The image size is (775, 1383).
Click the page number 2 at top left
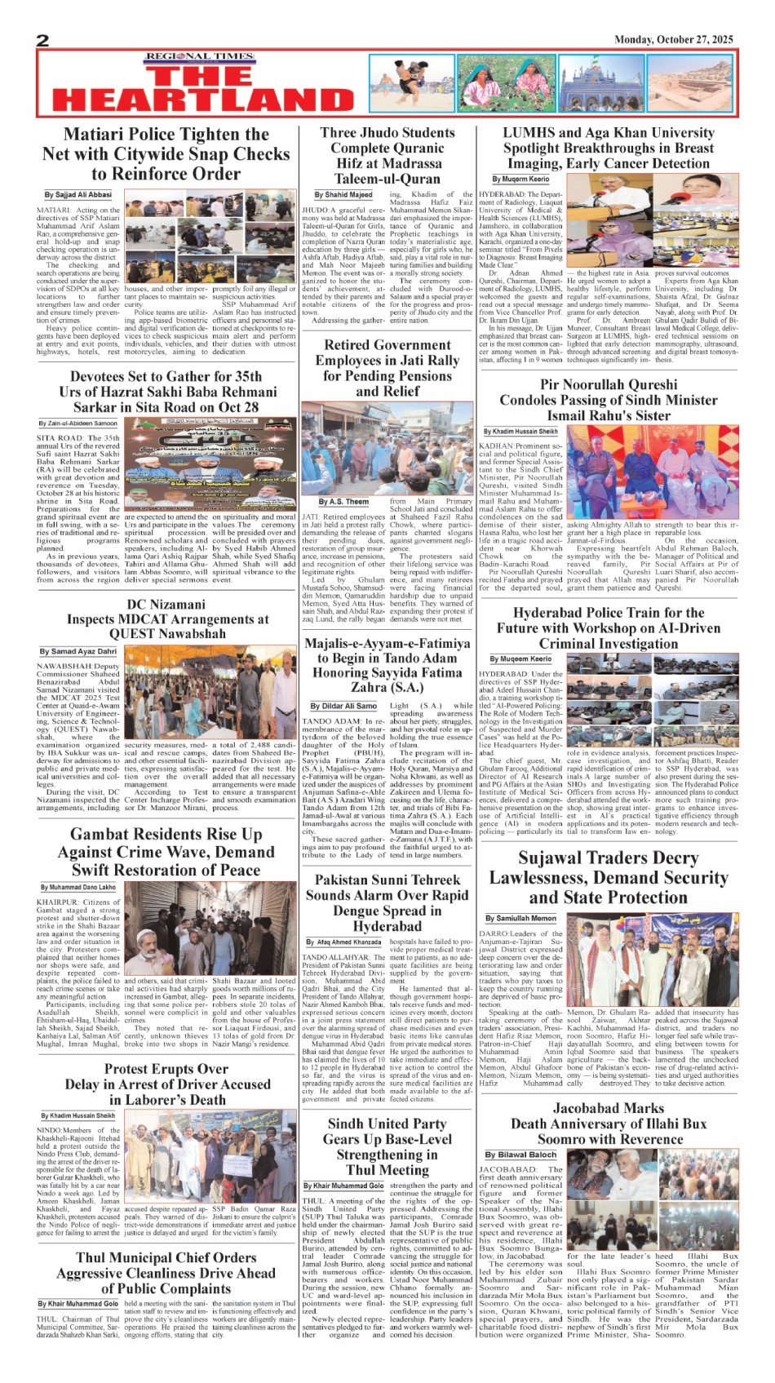(43, 41)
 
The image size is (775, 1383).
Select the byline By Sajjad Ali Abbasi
(78, 195)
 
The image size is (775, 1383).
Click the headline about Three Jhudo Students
(387, 156)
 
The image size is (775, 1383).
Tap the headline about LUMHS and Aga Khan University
(608, 148)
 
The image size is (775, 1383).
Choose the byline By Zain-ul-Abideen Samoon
(78, 423)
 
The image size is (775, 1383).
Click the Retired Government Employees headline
(387, 368)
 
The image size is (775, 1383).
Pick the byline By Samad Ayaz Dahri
(78, 651)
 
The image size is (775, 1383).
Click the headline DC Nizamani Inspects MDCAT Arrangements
(167, 618)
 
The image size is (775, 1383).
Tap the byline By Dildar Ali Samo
(343, 706)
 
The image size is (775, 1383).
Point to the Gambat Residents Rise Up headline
(166, 852)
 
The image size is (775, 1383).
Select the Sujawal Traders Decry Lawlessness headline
(608, 878)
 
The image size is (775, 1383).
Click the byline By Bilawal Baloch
(520, 1155)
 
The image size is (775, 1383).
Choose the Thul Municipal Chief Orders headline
(166, 1273)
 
